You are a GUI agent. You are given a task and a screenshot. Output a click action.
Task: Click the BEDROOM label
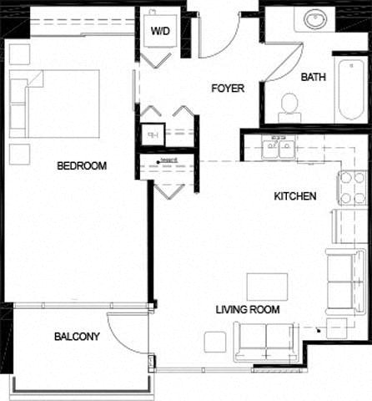[81, 165]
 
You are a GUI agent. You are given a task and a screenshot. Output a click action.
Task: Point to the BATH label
[313, 77]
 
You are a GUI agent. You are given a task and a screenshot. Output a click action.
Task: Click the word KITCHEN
[295, 197]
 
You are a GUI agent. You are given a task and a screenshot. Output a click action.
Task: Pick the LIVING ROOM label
[247, 309]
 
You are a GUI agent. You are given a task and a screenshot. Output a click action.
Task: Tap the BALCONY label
[77, 337]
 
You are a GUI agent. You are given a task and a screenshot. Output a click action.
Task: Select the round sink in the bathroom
[316, 19]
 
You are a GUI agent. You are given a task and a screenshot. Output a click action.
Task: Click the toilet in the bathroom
[289, 104]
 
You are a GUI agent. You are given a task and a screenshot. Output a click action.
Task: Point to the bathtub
[349, 88]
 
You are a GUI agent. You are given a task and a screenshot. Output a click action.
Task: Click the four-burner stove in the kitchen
[351, 187]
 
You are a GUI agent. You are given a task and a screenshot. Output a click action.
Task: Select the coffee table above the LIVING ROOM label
[267, 287]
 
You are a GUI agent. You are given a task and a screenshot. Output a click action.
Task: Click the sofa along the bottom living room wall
[266, 340]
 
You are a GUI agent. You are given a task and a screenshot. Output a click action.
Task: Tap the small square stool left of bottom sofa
[214, 342]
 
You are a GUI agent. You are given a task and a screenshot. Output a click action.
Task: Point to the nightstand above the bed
[19, 55]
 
